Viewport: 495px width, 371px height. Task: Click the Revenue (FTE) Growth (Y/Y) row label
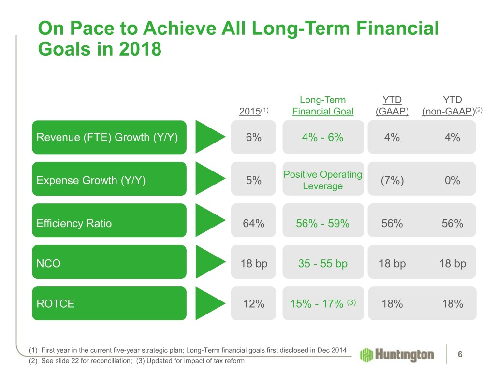pyautogui.click(x=107, y=137)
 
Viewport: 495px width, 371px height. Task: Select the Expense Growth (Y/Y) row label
pyautogui.click(x=91, y=180)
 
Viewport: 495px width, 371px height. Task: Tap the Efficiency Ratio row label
pyautogui.click(x=74, y=223)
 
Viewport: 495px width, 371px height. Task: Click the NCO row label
pyautogui.click(x=48, y=264)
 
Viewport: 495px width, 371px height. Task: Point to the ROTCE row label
pyautogui.click(x=56, y=304)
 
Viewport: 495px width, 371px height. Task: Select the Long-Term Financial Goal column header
pyautogui.click(x=322, y=106)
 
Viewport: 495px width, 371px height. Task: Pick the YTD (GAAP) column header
pyautogui.click(x=392, y=106)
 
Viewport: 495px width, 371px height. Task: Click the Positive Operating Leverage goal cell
pyautogui.click(x=322, y=180)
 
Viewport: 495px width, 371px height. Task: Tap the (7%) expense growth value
pyautogui.click(x=392, y=180)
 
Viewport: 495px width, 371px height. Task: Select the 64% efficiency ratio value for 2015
pyautogui.click(x=253, y=223)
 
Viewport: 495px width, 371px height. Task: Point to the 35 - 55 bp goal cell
pyautogui.click(x=322, y=264)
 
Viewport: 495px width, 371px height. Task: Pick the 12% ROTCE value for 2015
pyautogui.click(x=253, y=304)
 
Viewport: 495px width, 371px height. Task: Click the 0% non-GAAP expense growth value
pyautogui.click(x=453, y=180)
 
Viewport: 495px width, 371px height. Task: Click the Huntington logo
pyautogui.click(x=397, y=355)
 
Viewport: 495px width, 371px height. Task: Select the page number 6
pyautogui.click(x=460, y=354)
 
